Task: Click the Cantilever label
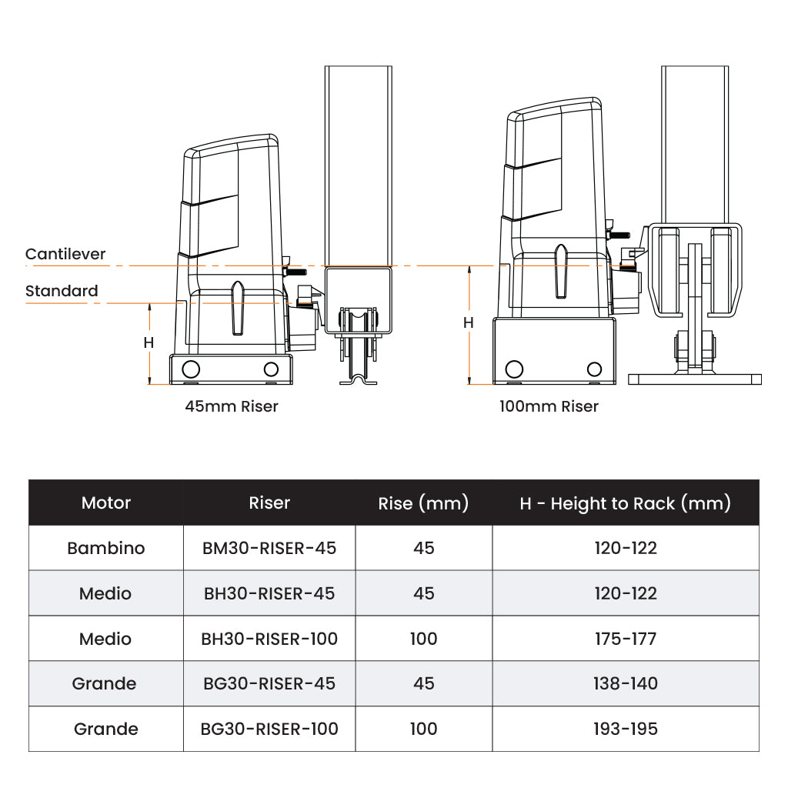coord(65,254)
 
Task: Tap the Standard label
coord(62,290)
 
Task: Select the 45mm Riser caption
coord(231,406)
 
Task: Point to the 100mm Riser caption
coord(549,406)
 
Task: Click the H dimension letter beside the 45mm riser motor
coord(149,342)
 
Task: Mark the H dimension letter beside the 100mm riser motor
coord(469,322)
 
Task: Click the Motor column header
coord(106,503)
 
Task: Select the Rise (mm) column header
coord(423,503)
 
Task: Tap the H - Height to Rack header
coord(625,503)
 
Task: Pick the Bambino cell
coord(106,548)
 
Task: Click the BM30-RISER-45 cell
coord(269,548)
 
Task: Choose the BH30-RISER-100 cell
coord(269,639)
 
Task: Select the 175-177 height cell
coord(626,639)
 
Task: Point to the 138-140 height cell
coord(626,683)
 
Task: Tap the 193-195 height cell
coord(626,729)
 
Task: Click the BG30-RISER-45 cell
coord(269,683)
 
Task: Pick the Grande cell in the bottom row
coord(106,729)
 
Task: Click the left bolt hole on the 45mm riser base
coord(191,369)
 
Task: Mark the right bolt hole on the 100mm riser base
coord(595,369)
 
